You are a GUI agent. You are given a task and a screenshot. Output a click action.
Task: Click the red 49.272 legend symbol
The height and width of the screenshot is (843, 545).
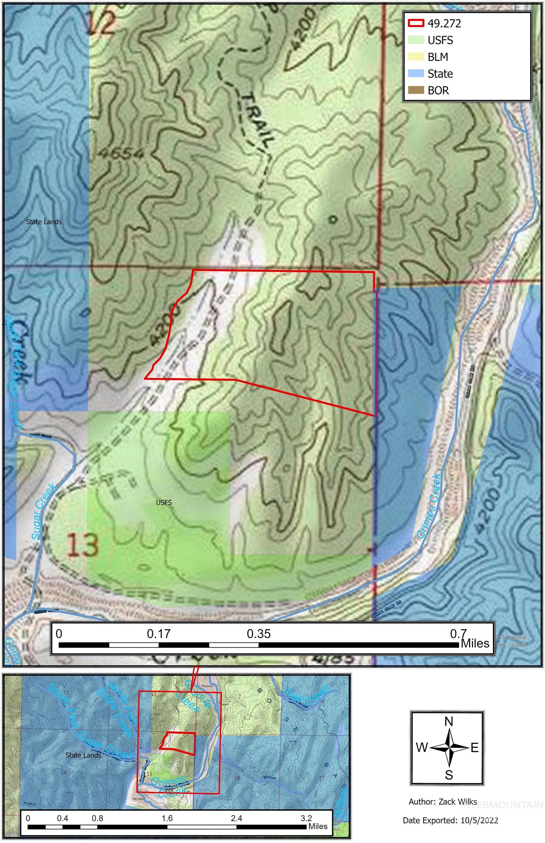click(416, 23)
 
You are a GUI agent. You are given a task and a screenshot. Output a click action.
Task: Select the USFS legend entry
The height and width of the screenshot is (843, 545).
click(440, 40)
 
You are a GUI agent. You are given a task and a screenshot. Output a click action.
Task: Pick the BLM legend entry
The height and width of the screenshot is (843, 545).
click(437, 57)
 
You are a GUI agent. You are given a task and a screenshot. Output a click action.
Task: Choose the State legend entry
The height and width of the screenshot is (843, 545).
click(440, 74)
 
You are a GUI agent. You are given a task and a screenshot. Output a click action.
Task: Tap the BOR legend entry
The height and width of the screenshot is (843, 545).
click(438, 90)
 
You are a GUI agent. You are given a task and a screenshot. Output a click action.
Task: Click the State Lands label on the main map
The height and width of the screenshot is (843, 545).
click(44, 222)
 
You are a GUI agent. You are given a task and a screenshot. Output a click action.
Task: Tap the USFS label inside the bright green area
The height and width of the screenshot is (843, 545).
click(163, 502)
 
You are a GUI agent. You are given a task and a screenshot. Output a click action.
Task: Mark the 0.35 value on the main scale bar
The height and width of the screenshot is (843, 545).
click(259, 634)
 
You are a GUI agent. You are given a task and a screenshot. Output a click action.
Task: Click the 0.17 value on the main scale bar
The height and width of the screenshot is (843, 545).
click(159, 634)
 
